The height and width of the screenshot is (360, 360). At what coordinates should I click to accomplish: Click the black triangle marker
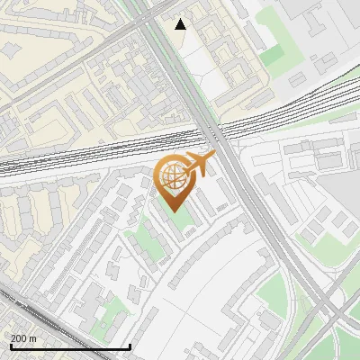[181, 24]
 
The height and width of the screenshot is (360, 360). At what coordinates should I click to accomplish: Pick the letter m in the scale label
[33, 338]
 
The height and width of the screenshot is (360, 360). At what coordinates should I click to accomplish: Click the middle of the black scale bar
[70, 346]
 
